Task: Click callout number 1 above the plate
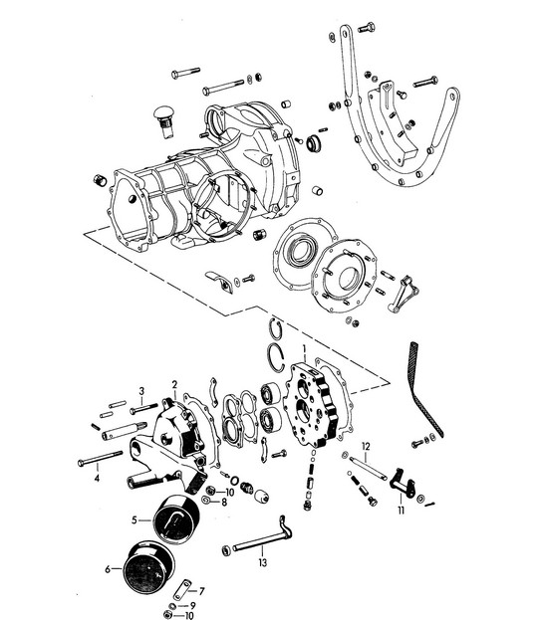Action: pyautogui.click(x=304, y=349)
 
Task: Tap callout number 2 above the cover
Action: pyautogui.click(x=174, y=384)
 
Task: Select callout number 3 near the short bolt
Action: pyautogui.click(x=141, y=391)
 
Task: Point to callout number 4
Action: pyautogui.click(x=97, y=479)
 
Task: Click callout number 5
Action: pyautogui.click(x=135, y=519)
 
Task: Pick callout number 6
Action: pyautogui.click(x=108, y=569)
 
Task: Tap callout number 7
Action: pyautogui.click(x=201, y=591)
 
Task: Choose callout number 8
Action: pyautogui.click(x=224, y=503)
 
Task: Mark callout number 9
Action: pyautogui.click(x=192, y=606)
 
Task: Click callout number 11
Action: pyautogui.click(x=402, y=511)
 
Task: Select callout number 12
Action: pyautogui.click(x=366, y=447)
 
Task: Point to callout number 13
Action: pyautogui.click(x=263, y=562)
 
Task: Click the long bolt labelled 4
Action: pyautogui.click(x=100, y=458)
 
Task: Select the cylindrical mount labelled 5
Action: pyautogui.click(x=176, y=518)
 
